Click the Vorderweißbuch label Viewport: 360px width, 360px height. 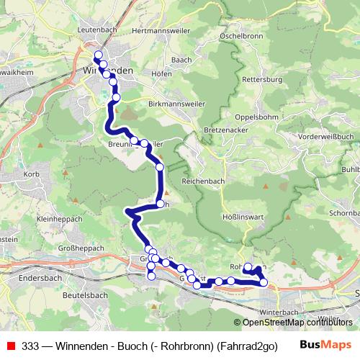[x=326, y=136]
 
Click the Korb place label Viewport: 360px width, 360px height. [x=30, y=175]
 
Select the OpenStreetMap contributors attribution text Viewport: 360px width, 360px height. [x=297, y=323]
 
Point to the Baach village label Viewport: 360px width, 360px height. [x=182, y=58]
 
